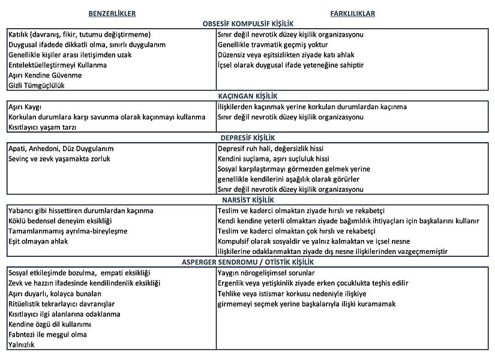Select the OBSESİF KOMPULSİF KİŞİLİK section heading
pos(248,23)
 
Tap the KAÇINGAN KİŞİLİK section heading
pos(248,96)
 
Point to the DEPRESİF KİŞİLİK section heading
pos(248,137)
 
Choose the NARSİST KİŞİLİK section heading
pos(248,200)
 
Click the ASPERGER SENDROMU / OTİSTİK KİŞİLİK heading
pos(248,262)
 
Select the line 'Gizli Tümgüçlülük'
pos(37,85)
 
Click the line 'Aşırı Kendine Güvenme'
pos(45,75)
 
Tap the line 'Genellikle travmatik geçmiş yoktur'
pos(277,44)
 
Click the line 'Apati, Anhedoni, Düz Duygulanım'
pos(61,148)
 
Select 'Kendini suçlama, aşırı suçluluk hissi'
pos(274,158)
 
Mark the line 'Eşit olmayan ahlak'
pos(38,241)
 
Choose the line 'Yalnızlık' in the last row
pos(23,345)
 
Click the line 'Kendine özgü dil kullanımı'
pos(49,324)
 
